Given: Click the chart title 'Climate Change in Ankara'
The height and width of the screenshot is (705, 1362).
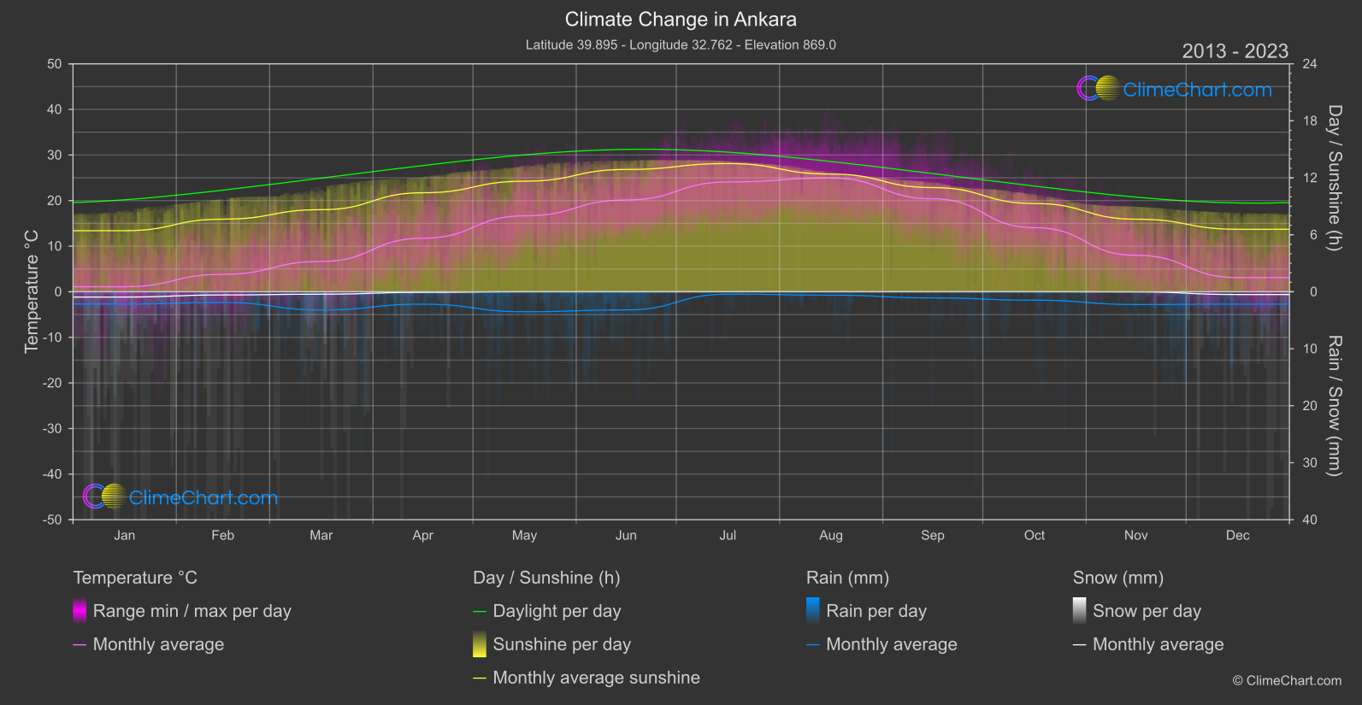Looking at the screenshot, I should [681, 20].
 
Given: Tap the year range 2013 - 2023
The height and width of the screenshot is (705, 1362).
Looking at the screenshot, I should [1235, 51].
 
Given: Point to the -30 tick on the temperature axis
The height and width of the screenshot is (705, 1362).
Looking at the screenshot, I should [53, 429].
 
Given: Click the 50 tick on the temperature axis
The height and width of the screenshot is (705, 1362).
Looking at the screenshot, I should [55, 64].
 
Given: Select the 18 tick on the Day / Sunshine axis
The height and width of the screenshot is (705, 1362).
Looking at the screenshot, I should [1310, 121].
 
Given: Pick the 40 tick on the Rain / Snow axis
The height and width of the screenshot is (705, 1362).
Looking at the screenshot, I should [1310, 520].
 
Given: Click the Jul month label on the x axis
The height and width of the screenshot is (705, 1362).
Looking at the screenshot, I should [728, 536].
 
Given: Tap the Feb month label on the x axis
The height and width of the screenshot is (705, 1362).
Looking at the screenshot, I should [222, 536].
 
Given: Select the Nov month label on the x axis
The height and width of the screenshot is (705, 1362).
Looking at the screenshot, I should [1135, 536].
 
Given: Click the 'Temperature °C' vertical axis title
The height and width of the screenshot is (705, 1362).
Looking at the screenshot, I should [32, 291].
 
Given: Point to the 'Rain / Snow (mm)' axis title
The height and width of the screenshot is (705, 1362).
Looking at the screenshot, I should [1334, 406].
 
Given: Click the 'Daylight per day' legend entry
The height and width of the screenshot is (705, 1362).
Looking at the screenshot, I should [557, 611].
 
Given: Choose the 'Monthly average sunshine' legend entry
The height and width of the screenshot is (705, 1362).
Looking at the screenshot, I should [596, 678].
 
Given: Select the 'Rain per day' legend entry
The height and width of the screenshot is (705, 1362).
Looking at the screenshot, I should [876, 611].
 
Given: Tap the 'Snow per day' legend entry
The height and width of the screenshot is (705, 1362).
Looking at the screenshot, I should [1147, 611].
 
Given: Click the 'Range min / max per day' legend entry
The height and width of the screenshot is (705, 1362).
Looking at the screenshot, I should [192, 611].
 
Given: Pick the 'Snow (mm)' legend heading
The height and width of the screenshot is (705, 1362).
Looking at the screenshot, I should [1117, 578].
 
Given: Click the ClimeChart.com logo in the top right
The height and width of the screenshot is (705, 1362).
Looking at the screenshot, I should [1174, 89].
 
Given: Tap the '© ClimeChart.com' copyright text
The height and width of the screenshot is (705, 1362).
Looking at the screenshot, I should [1287, 681].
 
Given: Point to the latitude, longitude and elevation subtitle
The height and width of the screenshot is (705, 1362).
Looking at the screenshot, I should [681, 44].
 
